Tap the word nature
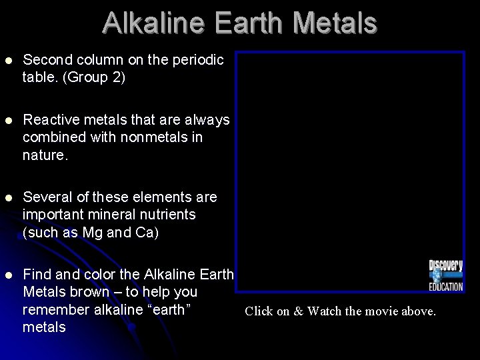(x=44, y=155)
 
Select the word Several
(x=47, y=197)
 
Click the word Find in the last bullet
(x=37, y=275)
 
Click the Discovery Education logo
(x=445, y=275)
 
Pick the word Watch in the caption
(x=324, y=311)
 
